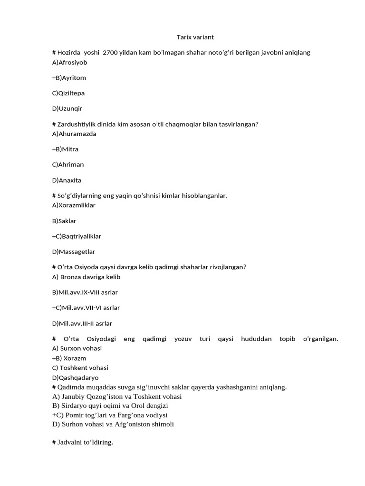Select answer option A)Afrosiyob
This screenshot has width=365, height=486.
(69, 62)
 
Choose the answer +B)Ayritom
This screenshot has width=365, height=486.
(69, 78)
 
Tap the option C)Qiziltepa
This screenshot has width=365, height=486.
(68, 93)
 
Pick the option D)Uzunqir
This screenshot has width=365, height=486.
(67, 109)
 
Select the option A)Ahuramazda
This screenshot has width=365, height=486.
(74, 134)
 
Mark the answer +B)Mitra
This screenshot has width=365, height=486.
(65, 150)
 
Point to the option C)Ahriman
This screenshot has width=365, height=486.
(67, 165)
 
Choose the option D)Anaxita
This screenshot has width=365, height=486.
(67, 180)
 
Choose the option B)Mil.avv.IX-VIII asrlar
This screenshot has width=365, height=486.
(85, 292)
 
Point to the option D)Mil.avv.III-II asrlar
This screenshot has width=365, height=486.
(82, 324)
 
